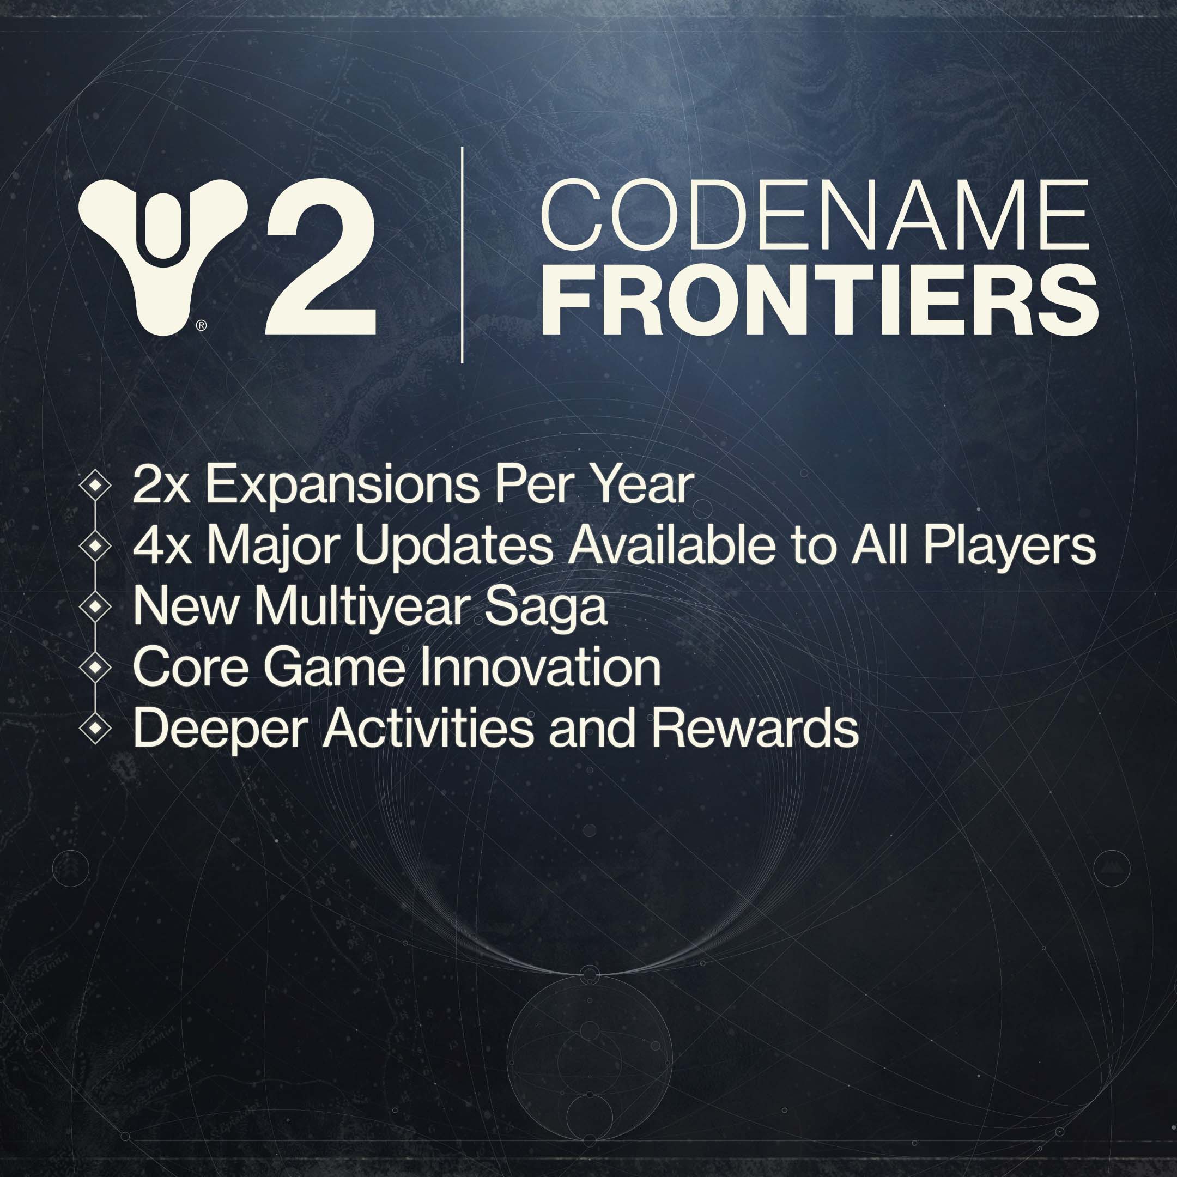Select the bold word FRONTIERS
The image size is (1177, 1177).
pos(819,300)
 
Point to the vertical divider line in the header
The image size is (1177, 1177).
pos(463,254)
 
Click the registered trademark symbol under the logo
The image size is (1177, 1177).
pos(202,326)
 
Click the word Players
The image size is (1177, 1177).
pos(1010,546)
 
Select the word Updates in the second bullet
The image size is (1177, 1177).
pos(454,546)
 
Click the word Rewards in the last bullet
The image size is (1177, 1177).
pos(755,729)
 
